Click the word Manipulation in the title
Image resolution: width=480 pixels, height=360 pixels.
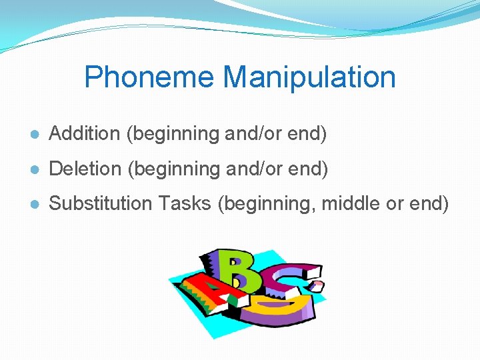(309, 77)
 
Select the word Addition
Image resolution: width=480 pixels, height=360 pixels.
(84, 133)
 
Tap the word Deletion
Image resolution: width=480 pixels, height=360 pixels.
(85, 169)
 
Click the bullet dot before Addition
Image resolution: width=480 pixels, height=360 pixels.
(34, 135)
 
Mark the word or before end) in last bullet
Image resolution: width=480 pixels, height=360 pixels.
(395, 203)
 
